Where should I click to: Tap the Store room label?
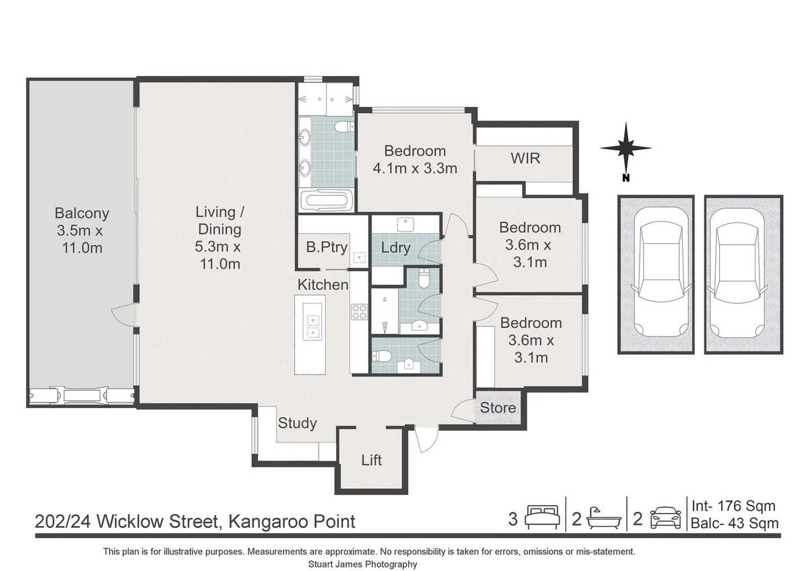tap(498, 408)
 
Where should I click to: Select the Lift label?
tap(372, 461)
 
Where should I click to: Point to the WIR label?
tap(525, 158)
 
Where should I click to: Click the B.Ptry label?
tap(327, 248)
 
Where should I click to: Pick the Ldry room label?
tap(396, 248)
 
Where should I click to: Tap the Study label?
tap(297, 423)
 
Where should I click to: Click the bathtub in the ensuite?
tap(327, 200)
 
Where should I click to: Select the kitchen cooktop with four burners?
tap(360, 312)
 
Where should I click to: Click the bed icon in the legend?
tap(542, 517)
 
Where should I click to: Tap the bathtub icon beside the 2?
tap(604, 518)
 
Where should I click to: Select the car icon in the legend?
tap(665, 518)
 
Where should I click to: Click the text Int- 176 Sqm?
tap(733, 506)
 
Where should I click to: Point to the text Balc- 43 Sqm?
tap(735, 523)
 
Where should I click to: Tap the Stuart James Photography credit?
tap(362, 564)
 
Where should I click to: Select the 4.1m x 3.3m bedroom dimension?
tap(415, 168)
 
